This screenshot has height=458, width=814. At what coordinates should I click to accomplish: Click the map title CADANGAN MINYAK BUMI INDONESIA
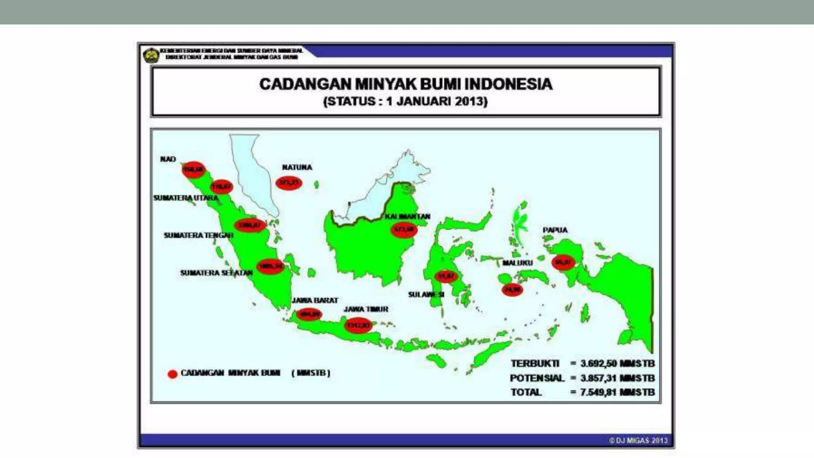coord(406,84)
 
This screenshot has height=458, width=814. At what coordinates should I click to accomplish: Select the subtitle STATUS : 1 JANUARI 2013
coord(405,101)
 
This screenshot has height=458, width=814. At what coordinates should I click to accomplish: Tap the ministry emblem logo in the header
coord(151,55)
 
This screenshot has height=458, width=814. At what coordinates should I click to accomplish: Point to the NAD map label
coord(168,159)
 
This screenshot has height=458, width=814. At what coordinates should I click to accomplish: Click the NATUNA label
coord(297,167)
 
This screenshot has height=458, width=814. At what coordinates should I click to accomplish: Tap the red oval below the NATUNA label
coord(289,183)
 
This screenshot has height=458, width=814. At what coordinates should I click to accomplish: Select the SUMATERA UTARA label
coord(186,198)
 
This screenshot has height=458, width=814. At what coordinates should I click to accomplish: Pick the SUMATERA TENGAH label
coord(198,235)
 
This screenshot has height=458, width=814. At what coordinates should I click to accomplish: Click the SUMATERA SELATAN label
coord(216,273)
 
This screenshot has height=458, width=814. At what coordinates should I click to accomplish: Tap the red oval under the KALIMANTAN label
coord(404,230)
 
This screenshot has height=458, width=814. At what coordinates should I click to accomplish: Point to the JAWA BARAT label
coord(315,301)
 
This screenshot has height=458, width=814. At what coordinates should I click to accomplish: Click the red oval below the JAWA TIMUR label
coord(359,326)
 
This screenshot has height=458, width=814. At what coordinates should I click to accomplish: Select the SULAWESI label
coord(426,295)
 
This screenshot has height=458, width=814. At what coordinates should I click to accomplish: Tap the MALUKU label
coord(517,263)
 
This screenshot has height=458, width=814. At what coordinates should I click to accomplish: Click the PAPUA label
coord(555,230)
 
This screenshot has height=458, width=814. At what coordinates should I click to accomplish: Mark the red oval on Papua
coord(563,262)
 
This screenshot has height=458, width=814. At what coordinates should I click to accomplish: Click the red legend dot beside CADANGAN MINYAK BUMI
coord(172,374)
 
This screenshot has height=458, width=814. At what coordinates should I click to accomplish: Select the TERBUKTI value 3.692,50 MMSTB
coord(617,364)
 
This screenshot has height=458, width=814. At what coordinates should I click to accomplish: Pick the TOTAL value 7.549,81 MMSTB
coord(617,392)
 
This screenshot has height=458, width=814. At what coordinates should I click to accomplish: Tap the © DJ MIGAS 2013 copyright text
coord(638,441)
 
